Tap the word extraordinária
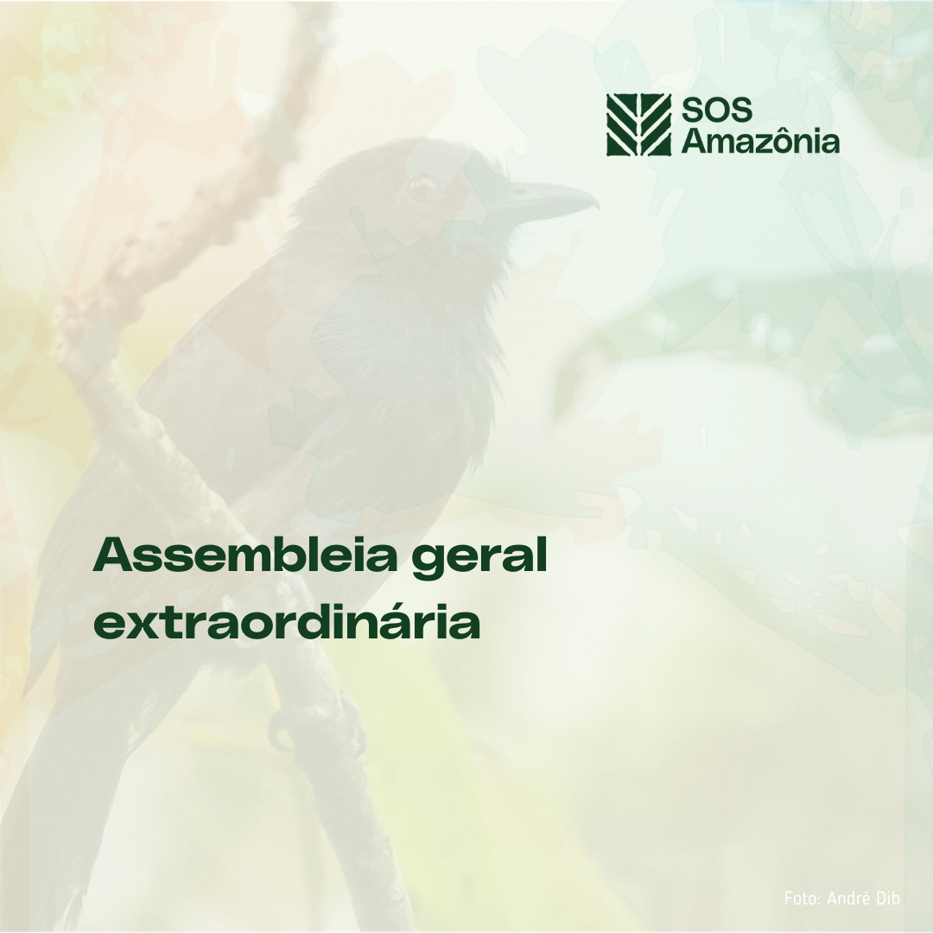(286, 621)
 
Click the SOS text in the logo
(716, 110)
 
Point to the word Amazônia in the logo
(760, 141)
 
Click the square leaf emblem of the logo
(639, 125)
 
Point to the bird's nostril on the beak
(519, 190)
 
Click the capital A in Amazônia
(693, 141)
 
